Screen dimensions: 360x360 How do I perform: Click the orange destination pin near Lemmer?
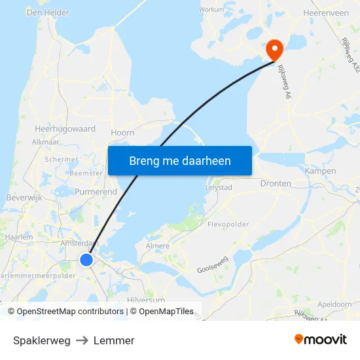click(x=273, y=48)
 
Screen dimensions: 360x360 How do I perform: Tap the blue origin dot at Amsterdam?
click(x=86, y=261)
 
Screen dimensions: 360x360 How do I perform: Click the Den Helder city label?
click(x=48, y=12)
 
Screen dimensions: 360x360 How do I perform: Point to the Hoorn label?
click(x=122, y=132)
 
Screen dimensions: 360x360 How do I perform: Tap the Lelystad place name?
click(x=219, y=187)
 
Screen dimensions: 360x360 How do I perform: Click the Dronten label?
click(x=276, y=184)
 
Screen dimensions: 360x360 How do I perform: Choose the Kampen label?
click(x=320, y=171)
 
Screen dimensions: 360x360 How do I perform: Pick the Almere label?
click(x=157, y=246)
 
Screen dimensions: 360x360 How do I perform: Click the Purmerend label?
click(x=96, y=192)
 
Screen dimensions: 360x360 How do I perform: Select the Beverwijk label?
click(x=24, y=198)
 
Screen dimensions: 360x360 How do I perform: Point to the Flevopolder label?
click(x=228, y=224)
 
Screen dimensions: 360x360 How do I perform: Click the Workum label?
click(x=211, y=10)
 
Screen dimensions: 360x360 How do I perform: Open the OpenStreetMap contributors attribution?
click(x=69, y=312)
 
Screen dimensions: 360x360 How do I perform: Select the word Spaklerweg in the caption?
click(x=41, y=340)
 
